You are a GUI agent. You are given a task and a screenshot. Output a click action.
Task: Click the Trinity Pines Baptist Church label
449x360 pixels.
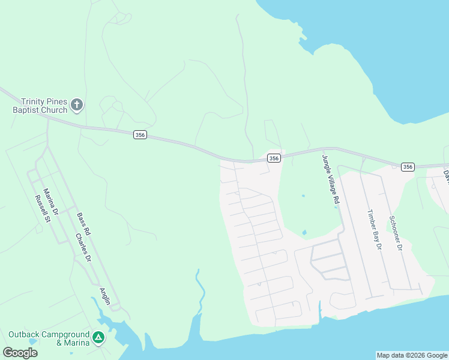click(41, 106)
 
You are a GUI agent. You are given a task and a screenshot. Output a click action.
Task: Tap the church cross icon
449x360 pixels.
click(76, 106)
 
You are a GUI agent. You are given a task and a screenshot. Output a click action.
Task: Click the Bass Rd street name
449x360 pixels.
click(83, 223)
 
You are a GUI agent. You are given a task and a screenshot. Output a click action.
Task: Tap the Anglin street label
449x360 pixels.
click(106, 294)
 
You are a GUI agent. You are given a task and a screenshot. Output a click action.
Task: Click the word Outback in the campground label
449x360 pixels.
click(25, 334)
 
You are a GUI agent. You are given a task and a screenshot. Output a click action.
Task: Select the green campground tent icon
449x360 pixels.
click(98, 338)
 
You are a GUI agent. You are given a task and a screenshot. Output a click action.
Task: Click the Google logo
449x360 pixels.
click(20, 353)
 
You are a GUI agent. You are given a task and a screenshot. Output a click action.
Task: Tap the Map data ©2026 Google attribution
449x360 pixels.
click(412, 355)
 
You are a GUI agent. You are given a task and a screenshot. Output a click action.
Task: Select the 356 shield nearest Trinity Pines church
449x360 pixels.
click(140, 135)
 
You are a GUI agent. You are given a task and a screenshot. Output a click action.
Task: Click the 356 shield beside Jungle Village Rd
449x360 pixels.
click(274, 158)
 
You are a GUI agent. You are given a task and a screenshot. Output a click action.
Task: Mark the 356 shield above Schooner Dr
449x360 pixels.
click(408, 167)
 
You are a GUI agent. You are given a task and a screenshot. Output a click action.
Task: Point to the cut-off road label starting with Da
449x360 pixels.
click(445, 176)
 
